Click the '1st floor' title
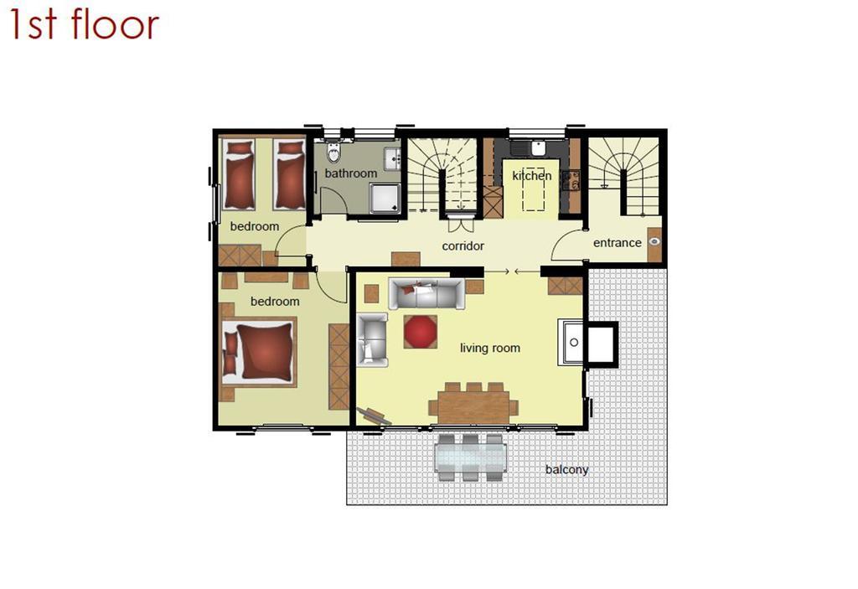(x=85, y=24)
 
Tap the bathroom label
(x=351, y=173)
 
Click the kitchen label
(x=531, y=176)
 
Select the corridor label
(x=463, y=246)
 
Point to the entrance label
(x=618, y=242)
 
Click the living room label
(x=489, y=349)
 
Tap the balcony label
(x=567, y=470)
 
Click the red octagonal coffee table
(x=421, y=332)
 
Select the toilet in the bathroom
(x=333, y=152)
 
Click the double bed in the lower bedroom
(x=259, y=351)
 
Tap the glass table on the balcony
(x=471, y=457)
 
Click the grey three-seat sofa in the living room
(x=426, y=294)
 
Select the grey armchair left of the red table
(x=372, y=340)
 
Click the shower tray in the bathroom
(x=385, y=199)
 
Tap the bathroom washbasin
(x=392, y=158)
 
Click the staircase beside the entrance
(x=624, y=176)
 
